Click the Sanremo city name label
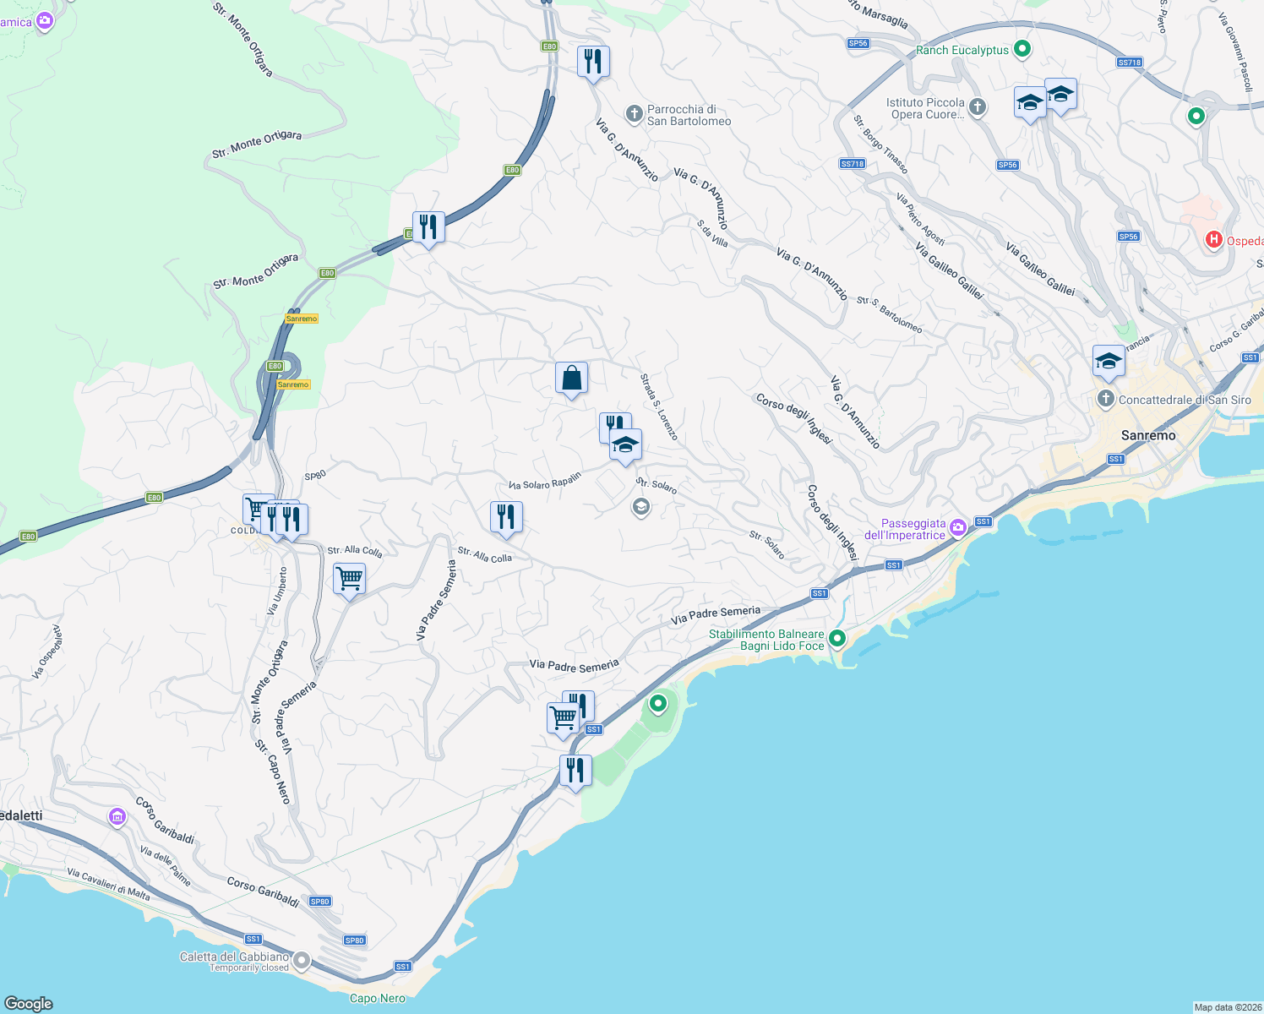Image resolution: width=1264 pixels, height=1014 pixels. coord(1147,435)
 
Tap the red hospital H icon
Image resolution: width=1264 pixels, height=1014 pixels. coord(1213,240)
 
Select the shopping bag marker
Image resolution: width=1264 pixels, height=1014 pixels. coord(571,378)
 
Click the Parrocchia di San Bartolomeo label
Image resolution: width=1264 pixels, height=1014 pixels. coord(689,115)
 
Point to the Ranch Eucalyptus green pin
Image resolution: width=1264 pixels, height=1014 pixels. coord(1022,49)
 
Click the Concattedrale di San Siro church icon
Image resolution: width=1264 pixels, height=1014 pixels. coord(1105,399)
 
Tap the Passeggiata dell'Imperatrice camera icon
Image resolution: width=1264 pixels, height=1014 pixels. coord(957,528)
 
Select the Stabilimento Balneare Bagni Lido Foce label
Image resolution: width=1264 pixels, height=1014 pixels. coord(766,640)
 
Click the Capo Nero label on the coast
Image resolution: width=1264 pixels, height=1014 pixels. coord(378,998)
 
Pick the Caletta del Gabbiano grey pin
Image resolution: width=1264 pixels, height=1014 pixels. coord(301,961)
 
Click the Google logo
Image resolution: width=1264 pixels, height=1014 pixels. coord(29,1003)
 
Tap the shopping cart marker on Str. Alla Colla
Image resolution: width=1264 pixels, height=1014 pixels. coord(349,580)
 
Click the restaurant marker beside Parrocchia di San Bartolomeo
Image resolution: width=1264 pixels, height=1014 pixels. coord(593,62)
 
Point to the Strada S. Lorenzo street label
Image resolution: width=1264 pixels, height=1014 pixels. coord(659,407)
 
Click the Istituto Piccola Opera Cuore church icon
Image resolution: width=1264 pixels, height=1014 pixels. coord(978,106)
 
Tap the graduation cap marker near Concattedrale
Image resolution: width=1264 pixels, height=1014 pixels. coord(1108,362)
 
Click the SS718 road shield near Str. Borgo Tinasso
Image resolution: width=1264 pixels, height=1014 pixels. coord(852,164)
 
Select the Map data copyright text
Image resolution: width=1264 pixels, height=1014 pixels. coord(1227,1007)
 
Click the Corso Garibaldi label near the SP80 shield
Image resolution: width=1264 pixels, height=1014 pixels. coord(263,892)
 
